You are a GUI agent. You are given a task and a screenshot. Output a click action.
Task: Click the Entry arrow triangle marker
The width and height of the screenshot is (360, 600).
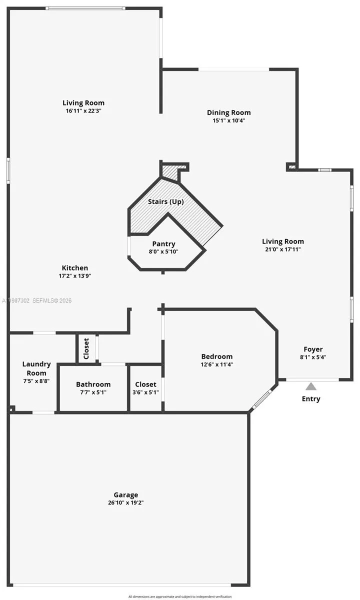coord(311,386)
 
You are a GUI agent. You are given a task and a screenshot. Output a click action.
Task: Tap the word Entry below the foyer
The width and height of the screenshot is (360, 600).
coord(311,398)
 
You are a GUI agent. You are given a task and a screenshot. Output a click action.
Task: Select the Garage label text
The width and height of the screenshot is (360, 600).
coord(125,494)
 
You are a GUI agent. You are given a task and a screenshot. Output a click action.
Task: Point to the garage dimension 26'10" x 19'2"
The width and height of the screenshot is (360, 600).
coord(125,502)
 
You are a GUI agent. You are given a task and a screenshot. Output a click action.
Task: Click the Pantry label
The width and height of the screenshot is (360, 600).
coord(163,244)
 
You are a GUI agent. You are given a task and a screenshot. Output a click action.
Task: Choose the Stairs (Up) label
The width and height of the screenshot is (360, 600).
coord(166,201)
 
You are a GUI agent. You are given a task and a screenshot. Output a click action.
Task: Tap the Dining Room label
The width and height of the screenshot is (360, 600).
coord(228,112)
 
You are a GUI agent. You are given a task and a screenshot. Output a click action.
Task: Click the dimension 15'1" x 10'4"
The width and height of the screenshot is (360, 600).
coord(228,120)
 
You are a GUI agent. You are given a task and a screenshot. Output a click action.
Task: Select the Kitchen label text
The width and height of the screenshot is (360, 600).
coord(75,268)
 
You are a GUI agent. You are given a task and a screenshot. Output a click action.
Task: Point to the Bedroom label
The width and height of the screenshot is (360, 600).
coord(217,356)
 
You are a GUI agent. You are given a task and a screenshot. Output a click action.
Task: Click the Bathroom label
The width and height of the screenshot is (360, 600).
coord(93,384)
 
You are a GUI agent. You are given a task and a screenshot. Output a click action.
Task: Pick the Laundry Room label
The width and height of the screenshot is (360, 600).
coord(36,368)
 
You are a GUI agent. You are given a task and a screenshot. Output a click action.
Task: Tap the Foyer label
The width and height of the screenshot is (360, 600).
coord(313,349)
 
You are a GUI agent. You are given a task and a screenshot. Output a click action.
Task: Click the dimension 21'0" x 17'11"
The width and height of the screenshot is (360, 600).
coord(283,249)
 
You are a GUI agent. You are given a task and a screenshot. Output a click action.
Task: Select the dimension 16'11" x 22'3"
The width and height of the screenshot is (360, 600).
coord(83,110)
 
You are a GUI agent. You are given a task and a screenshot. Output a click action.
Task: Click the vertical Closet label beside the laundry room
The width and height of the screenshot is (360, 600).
coord(86,348)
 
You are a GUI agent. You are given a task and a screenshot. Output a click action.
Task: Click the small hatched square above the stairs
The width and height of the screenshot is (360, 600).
coord(170,173)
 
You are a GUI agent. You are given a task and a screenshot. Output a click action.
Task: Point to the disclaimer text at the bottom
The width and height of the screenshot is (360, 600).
coord(179,596)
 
